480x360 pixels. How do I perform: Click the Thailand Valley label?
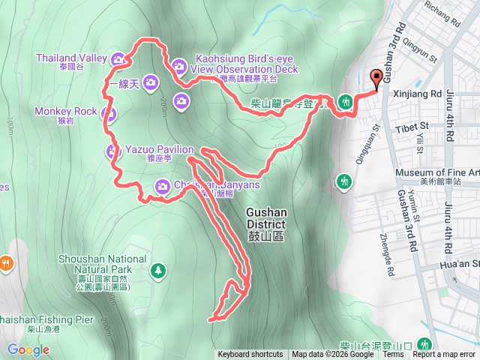pyautogui.click(x=71, y=58)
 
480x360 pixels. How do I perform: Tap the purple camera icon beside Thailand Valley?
pyautogui.click(x=118, y=59)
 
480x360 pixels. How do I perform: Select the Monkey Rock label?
pyautogui.click(x=66, y=112)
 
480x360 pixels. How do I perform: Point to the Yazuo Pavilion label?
pyautogui.click(x=159, y=149)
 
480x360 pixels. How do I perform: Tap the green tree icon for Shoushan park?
pyautogui.click(x=158, y=269)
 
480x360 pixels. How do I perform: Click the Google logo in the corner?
pyautogui.click(x=28, y=349)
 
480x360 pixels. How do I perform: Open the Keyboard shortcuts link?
pyautogui.click(x=250, y=355)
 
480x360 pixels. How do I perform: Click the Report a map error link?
pyautogui.click(x=444, y=355)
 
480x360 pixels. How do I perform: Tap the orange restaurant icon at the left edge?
pyautogui.click(x=5, y=262)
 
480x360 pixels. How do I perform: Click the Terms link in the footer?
pyautogui.click(x=393, y=355)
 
